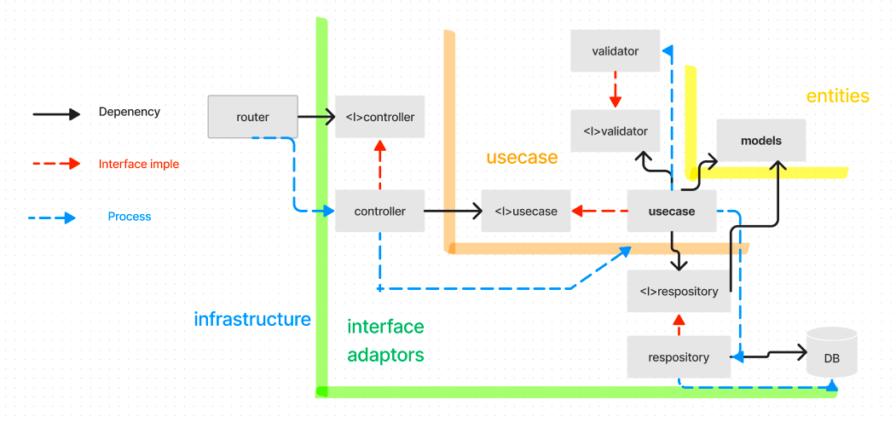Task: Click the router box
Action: [x=252, y=117]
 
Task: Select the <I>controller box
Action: [x=380, y=117]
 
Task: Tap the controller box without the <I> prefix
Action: [x=380, y=211]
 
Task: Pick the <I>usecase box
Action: [x=525, y=211]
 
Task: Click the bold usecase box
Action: [x=671, y=211]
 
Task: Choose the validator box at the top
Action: [x=616, y=51]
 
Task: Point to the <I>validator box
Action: [x=616, y=131]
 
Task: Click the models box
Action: [x=761, y=140]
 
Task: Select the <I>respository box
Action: [x=679, y=292]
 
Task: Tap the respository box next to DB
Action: [x=679, y=357]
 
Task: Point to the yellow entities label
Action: [x=837, y=96]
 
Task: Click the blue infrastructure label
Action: [x=252, y=320]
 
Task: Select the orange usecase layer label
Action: [x=522, y=157]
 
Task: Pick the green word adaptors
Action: [x=385, y=355]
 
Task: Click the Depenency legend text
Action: [x=130, y=112]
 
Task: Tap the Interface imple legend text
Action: [x=139, y=164]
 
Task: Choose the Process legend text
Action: [x=130, y=217]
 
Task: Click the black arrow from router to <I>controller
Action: [x=315, y=117]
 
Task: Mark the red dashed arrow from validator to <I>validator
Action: [x=616, y=90]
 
